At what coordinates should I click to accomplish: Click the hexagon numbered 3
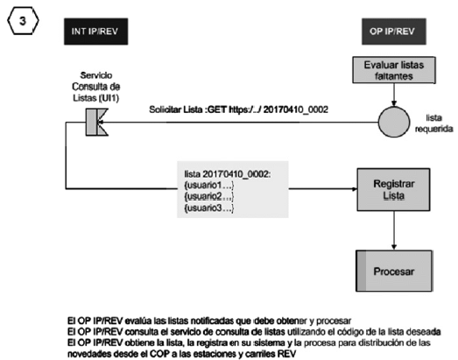pos(23,21)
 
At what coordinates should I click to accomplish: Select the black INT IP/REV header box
pos(95,32)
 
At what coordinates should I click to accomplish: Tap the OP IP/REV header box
pos(394,32)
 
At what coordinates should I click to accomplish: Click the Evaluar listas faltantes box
pos(394,70)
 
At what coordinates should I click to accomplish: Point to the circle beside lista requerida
pos(394,122)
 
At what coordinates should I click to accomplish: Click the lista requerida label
pos(433,124)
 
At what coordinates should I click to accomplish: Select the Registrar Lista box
pos(393,189)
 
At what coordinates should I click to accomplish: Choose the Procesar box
pos(394,271)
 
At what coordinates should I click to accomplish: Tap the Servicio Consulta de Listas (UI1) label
pos(95,87)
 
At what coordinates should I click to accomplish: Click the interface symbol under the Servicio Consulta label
pos(97,122)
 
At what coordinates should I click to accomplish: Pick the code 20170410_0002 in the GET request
pos(296,109)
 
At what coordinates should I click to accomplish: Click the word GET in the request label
pos(216,109)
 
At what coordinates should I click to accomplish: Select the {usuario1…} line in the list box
pos(209,186)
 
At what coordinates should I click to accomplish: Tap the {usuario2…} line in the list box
pos(209,196)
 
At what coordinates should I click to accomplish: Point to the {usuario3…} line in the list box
pos(209,208)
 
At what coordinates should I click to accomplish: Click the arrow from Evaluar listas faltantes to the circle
pos(394,95)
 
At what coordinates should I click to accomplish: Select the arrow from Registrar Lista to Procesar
pos(394,230)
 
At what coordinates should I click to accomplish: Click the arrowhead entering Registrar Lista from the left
pos(354,189)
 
